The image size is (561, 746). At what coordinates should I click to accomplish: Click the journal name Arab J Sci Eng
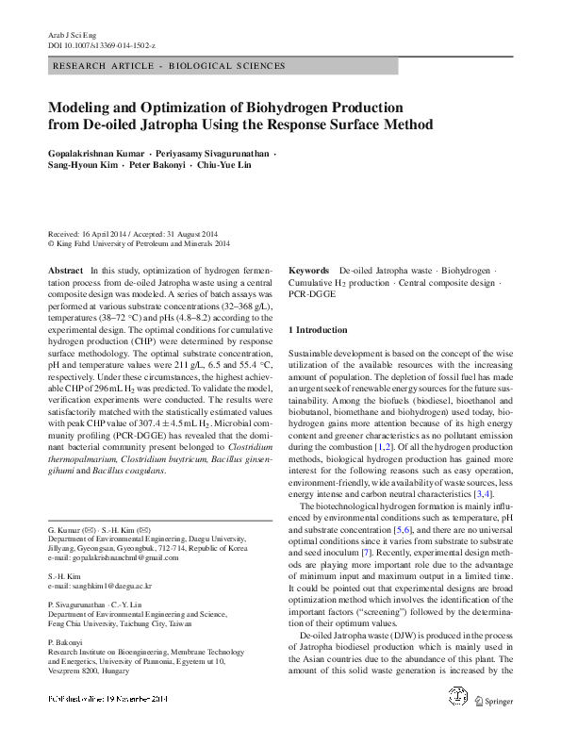(x=70, y=33)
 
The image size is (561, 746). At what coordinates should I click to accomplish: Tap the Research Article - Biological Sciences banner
(x=169, y=66)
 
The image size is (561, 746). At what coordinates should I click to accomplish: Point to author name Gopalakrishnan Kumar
(x=98, y=152)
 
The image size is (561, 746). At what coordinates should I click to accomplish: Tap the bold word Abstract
(x=65, y=270)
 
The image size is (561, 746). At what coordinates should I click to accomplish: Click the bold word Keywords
(x=308, y=270)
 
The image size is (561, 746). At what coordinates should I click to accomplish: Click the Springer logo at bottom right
(x=498, y=700)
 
